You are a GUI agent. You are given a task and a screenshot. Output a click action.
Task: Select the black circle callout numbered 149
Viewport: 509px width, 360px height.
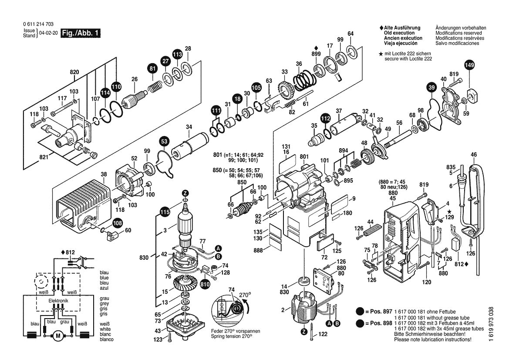coord(469,65)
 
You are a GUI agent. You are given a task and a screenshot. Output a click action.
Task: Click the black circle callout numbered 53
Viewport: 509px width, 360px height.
coord(164,142)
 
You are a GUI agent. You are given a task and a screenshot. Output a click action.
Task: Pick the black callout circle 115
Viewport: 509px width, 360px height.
coord(164,213)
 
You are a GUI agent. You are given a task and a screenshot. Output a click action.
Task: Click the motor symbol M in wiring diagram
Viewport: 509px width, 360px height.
coord(57,336)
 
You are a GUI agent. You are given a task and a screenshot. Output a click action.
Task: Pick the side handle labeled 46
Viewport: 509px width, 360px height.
coord(474,196)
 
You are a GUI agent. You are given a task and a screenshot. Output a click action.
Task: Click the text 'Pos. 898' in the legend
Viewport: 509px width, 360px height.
coord(378,323)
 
